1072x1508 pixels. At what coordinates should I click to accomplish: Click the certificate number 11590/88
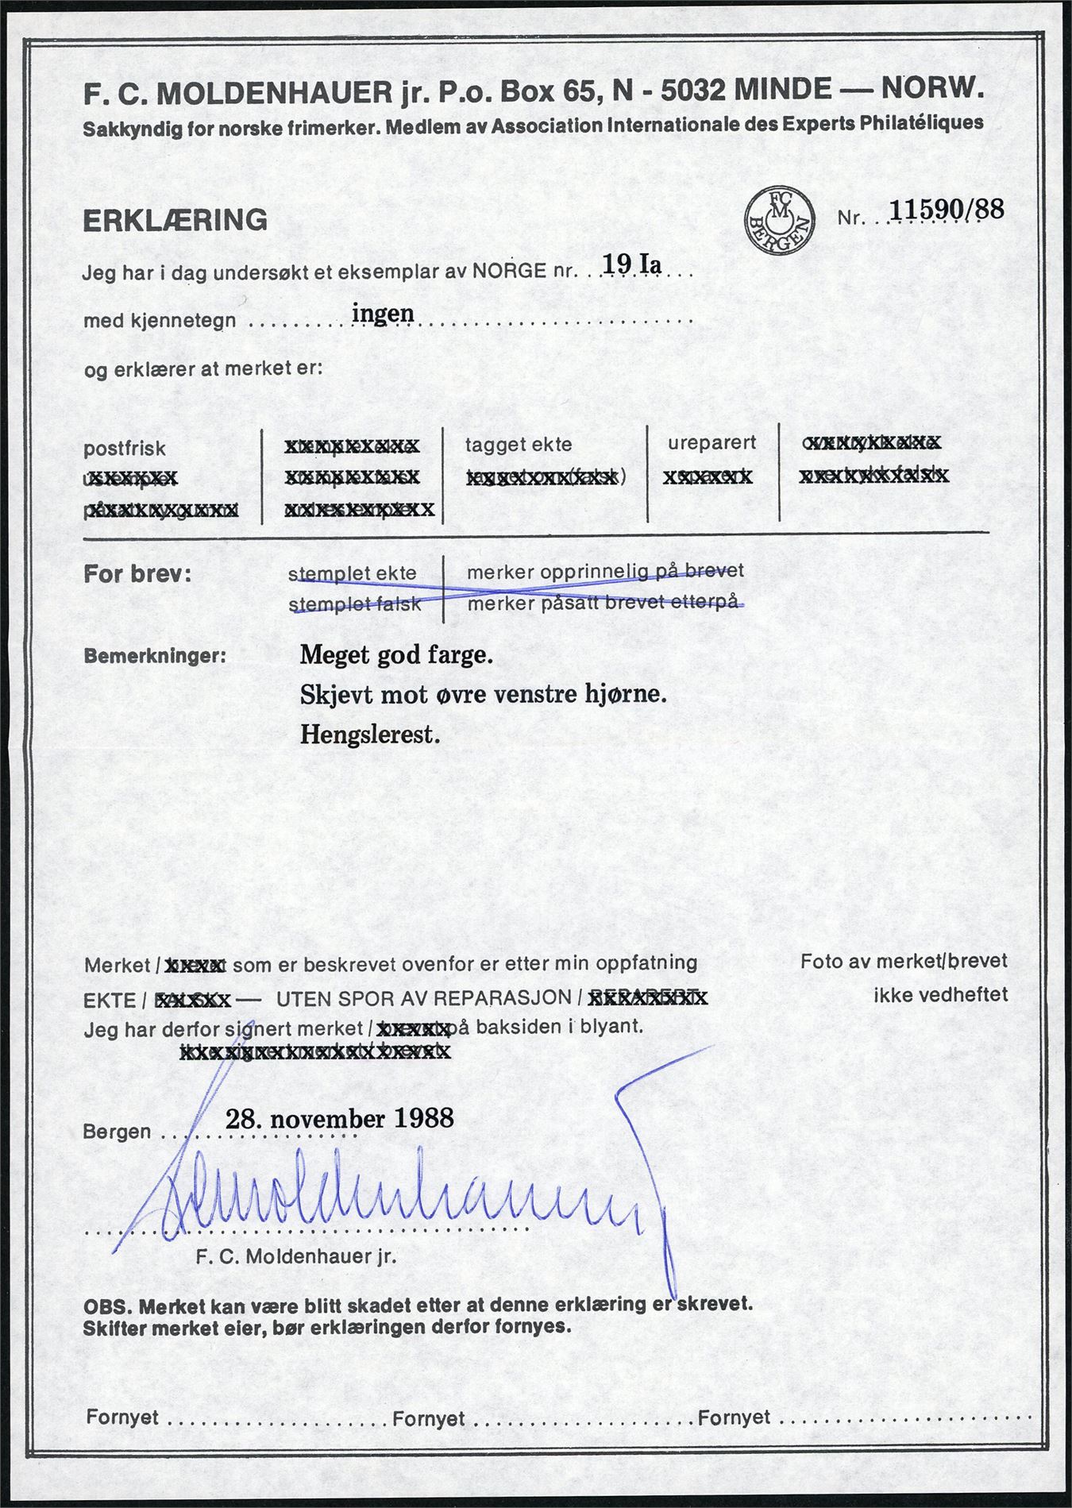tap(947, 210)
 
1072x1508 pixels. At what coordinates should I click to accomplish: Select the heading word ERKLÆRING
tap(175, 220)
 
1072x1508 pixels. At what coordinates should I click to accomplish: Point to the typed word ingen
tap(383, 312)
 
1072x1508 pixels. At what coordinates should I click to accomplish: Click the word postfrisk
tap(125, 448)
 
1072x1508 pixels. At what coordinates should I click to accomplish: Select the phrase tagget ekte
tap(519, 445)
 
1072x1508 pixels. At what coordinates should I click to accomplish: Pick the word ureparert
tap(712, 443)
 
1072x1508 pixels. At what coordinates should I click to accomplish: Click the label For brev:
tap(137, 574)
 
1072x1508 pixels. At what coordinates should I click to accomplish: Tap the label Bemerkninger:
tap(154, 657)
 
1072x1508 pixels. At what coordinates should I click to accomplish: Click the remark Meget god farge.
tap(396, 656)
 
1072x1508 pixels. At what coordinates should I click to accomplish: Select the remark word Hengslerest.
tap(370, 735)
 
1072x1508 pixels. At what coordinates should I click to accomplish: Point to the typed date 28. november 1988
tap(340, 1118)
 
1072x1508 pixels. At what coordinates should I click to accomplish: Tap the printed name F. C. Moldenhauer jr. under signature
tap(295, 1257)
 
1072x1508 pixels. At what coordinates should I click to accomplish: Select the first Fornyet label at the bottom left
tap(122, 1417)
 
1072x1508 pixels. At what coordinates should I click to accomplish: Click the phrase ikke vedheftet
tap(940, 994)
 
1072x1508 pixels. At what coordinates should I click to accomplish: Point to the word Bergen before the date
tap(117, 1131)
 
